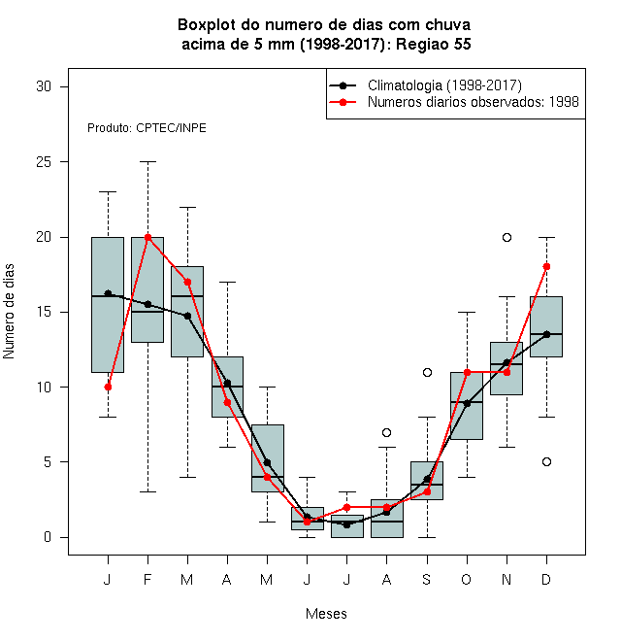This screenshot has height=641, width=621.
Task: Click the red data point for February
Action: tap(147, 237)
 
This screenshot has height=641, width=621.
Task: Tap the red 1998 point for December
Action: tap(546, 266)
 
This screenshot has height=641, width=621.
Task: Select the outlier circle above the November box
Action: tap(507, 237)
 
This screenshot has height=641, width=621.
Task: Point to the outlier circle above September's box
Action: tap(427, 372)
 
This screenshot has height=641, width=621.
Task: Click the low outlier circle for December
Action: tap(546, 462)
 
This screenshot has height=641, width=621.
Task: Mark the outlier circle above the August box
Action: tap(386, 432)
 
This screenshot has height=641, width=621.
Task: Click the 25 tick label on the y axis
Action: tap(44, 162)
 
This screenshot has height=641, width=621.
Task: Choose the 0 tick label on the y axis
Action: tap(48, 537)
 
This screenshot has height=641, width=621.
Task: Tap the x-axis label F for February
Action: tap(147, 579)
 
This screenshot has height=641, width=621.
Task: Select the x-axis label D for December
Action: tap(546, 579)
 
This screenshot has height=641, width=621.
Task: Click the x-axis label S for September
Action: tap(427, 579)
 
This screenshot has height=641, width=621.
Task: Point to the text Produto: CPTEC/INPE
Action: tap(147, 128)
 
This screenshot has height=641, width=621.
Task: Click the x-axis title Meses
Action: tap(326, 614)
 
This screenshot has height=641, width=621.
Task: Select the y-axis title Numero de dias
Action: tap(9, 312)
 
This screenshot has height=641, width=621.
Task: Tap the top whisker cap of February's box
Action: tap(147, 162)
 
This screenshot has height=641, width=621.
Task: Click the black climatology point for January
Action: tap(108, 293)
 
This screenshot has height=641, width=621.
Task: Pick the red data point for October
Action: tap(467, 372)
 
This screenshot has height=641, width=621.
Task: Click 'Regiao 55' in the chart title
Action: tap(434, 44)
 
